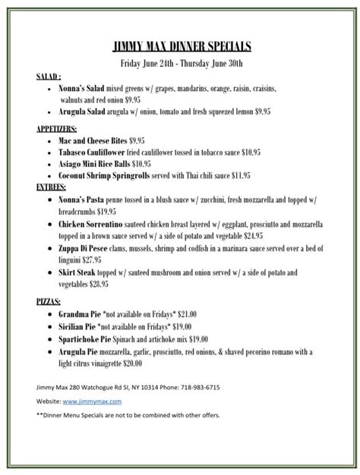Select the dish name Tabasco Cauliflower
(x=94, y=152)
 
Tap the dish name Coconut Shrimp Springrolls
(x=108, y=175)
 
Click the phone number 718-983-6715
(x=195, y=387)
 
